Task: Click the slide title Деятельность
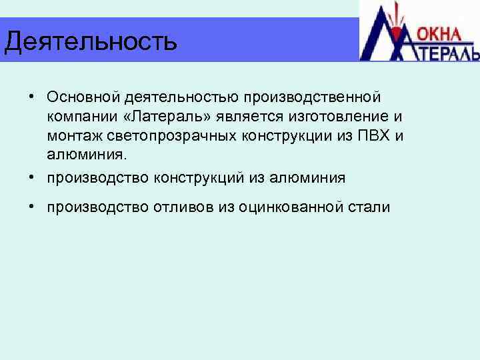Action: point(91,41)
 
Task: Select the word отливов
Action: point(183,207)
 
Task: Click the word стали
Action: point(373,207)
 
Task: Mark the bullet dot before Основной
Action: point(32,97)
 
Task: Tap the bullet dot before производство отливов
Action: point(32,207)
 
